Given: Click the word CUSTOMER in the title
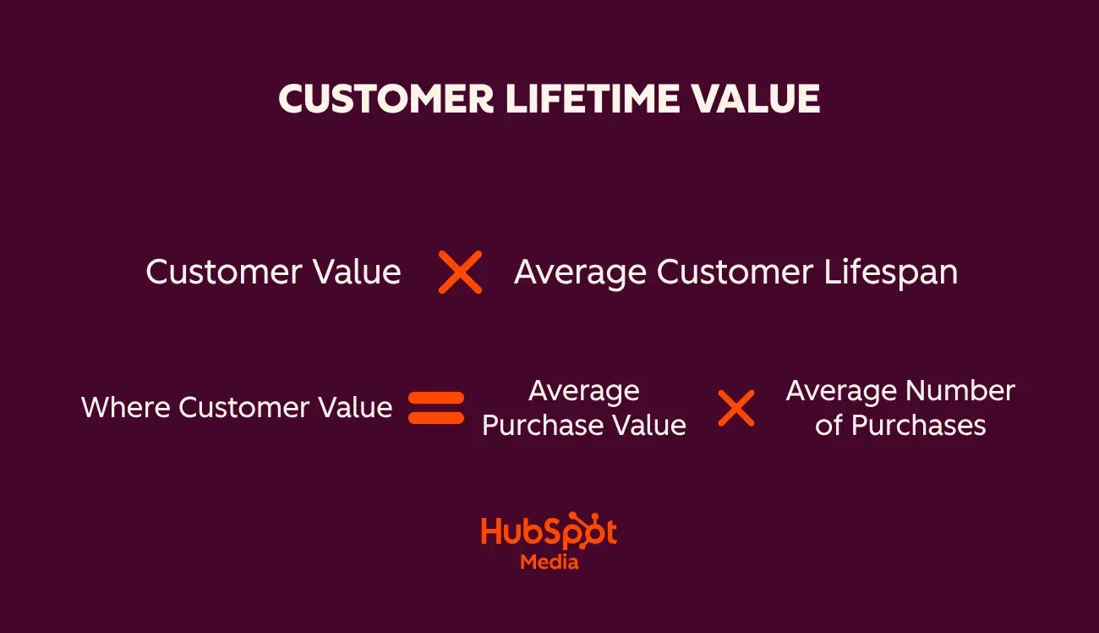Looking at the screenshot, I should coord(386,100).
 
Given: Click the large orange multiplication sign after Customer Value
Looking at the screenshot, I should coord(461,272).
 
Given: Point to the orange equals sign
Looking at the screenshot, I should coord(436,408).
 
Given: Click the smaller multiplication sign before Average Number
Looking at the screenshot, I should coord(736,408).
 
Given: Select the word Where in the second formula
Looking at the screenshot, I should coord(126,408).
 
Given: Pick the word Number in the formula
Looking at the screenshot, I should coord(960,391).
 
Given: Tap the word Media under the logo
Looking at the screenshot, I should coord(549,561).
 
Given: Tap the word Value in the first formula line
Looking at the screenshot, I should coord(356,272).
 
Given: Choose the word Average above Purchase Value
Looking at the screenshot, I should coord(583,391).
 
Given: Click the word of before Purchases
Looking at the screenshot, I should coord(829,425).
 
